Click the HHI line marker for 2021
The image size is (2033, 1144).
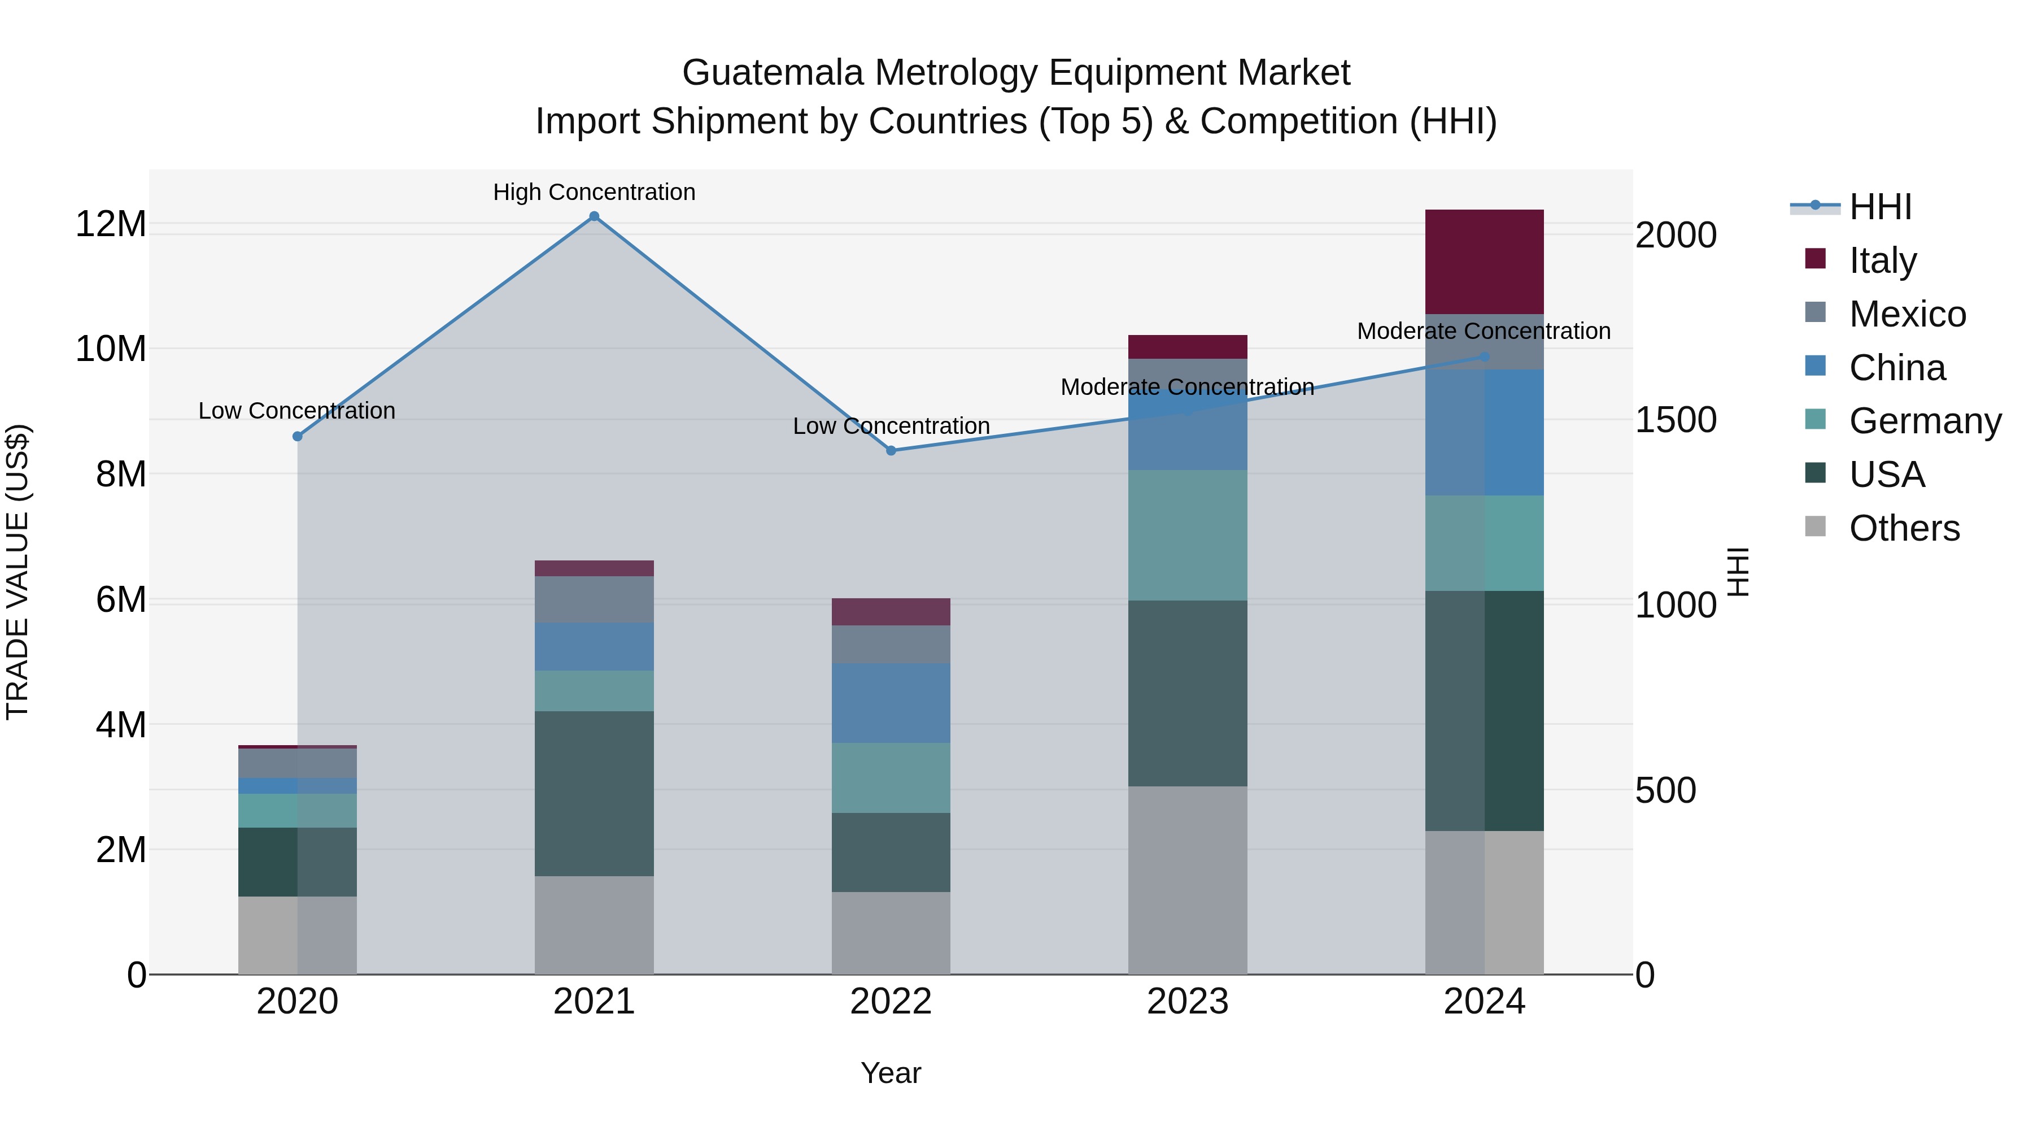pos(594,216)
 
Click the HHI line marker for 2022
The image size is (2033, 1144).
pos(891,451)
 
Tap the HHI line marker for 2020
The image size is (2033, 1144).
pos(298,437)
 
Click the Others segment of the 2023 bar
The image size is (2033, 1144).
pos(1187,880)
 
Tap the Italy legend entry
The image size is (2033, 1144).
pos(1882,260)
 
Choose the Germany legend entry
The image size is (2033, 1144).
pos(1924,421)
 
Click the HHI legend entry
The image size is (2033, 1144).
pos(1879,207)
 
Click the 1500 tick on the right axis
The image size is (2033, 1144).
pos(1676,420)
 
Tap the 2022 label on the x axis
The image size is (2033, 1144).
pos(891,1002)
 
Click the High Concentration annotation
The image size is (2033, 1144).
pos(594,192)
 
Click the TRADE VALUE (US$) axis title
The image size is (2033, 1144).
pos(18,572)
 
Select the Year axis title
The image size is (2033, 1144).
pos(891,1073)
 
